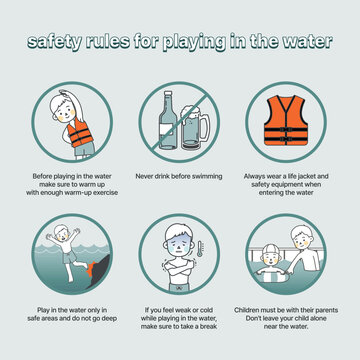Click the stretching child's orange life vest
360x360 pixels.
point(77,131)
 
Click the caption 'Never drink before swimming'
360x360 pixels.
point(180,175)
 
